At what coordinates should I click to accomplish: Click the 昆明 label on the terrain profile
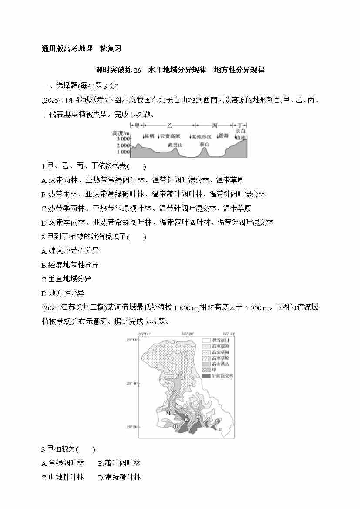(149, 136)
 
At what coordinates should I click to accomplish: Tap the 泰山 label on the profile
(204, 144)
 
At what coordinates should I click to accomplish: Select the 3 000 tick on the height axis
(123, 138)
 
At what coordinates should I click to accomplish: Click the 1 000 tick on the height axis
(123, 152)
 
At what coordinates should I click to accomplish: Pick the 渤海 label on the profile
(223, 136)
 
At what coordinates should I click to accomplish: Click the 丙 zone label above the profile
(214, 125)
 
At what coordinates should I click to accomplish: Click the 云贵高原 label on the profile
(170, 136)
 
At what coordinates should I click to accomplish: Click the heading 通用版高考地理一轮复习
(81, 48)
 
